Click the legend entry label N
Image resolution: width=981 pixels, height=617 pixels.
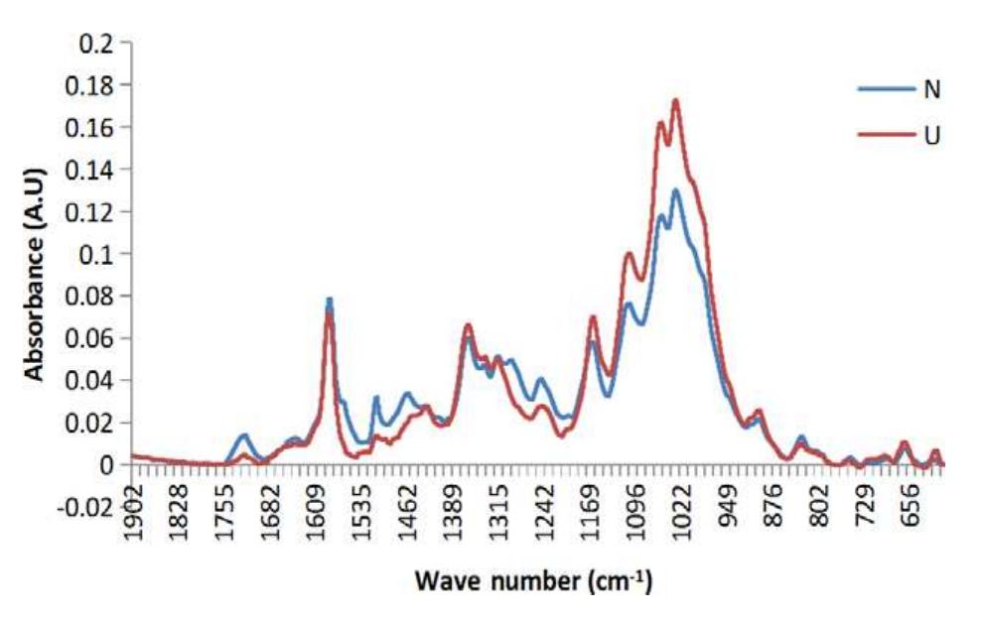tap(932, 88)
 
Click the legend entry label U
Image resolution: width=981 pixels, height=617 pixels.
tap(932, 134)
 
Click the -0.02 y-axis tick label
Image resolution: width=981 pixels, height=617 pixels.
tap(90, 507)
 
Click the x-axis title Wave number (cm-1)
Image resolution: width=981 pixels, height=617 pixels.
tap(533, 578)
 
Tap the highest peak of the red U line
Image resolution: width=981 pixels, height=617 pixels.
tap(676, 100)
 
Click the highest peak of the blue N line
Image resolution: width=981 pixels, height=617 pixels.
tap(676, 190)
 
